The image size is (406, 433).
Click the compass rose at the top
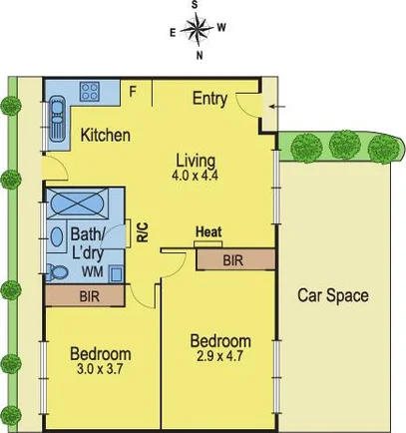[x=198, y=29]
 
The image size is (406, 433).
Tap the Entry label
[x=210, y=98]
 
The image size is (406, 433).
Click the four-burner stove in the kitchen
[x=90, y=92]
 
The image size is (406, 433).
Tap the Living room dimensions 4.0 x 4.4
[x=196, y=176]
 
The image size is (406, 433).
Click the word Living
[x=196, y=160]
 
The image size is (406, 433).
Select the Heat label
[x=208, y=232]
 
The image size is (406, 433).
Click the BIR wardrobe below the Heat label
[x=234, y=259]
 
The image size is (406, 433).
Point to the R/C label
[x=142, y=231]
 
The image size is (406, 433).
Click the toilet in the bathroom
[x=58, y=270]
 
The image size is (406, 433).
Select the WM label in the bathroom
[x=92, y=270]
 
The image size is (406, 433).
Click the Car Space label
[x=333, y=295]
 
